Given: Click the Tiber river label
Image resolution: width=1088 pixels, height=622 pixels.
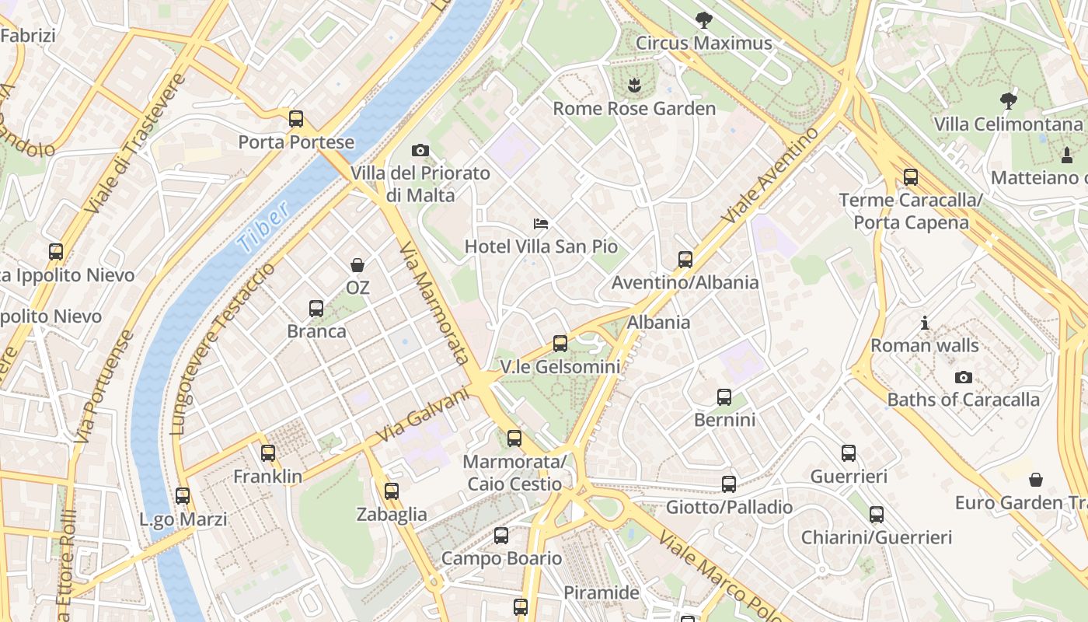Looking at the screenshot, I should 263,226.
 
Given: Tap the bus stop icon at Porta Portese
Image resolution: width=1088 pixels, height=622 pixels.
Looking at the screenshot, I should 296,119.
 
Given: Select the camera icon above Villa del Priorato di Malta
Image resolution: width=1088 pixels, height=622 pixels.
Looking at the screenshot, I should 420,150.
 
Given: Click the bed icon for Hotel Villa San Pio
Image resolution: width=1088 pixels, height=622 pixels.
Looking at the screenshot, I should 541,224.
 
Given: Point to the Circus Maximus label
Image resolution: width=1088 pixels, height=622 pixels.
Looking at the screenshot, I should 704,43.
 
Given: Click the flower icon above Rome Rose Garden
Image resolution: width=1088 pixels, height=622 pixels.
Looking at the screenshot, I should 635,84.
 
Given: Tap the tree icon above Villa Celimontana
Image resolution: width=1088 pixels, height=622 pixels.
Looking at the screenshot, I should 1008,100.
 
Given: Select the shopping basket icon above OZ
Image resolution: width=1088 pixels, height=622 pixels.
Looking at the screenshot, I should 357,265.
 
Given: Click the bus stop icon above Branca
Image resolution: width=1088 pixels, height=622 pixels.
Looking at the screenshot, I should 316,308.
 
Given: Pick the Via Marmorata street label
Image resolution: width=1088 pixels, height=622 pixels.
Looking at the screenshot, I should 434,303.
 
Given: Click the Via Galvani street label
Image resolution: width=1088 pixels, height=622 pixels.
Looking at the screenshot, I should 424,416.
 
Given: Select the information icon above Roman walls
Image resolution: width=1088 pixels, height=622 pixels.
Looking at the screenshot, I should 925,323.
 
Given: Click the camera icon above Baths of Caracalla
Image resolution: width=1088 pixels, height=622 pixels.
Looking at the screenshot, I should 964,377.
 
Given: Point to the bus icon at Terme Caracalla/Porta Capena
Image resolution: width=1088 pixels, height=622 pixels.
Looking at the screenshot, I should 911,177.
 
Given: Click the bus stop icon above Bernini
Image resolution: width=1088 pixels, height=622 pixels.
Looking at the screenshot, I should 724,397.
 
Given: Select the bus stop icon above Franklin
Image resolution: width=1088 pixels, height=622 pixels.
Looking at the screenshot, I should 268,453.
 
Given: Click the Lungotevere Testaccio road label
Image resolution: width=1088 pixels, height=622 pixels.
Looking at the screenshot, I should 222,350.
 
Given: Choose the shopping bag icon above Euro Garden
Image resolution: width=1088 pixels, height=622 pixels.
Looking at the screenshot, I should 1035,480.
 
